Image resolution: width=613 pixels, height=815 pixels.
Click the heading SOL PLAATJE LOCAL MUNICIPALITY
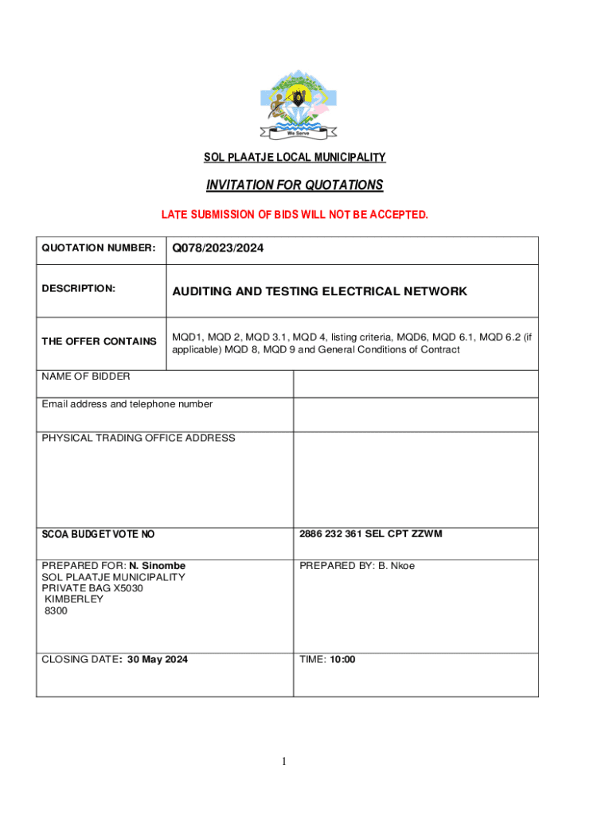(295, 158)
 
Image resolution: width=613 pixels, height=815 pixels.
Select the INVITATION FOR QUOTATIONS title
(295, 185)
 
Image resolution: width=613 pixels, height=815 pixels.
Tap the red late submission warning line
(295, 215)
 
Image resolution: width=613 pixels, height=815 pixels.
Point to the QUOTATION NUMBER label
(99, 248)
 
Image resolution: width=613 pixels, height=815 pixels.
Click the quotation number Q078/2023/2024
(218, 249)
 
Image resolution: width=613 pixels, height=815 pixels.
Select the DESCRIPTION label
(79, 288)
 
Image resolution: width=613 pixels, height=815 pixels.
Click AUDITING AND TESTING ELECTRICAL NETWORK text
(320, 291)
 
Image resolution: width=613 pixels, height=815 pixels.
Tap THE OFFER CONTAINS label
(99, 341)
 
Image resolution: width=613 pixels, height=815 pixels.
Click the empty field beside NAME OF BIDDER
(416, 384)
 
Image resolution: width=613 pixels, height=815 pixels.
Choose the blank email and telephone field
(416, 414)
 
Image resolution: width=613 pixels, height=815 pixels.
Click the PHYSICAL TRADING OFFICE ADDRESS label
(139, 438)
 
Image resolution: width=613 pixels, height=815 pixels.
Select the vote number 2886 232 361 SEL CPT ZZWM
(371, 534)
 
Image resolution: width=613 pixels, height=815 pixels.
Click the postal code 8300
(57, 610)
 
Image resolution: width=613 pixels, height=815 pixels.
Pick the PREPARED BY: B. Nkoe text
(357, 566)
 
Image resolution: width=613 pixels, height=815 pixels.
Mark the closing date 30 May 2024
(158, 659)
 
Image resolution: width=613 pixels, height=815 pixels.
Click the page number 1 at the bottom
(283, 762)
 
